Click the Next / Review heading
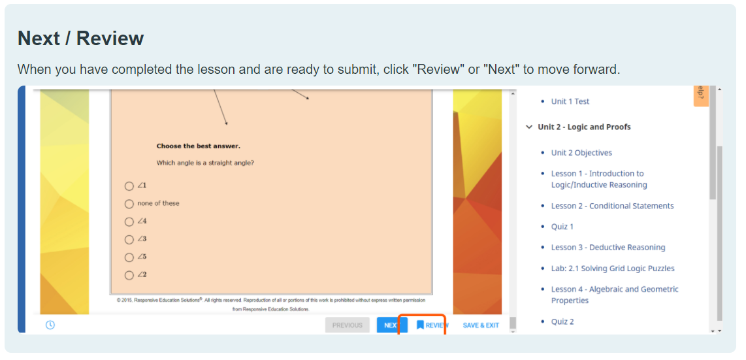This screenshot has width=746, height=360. (x=80, y=39)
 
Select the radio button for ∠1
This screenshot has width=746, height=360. (x=129, y=186)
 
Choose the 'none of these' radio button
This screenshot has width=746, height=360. (x=129, y=204)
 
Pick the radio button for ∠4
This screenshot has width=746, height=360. (x=129, y=221)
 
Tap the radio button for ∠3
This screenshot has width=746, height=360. (x=129, y=239)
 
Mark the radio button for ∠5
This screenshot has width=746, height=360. (x=129, y=257)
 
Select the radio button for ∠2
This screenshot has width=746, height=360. (x=129, y=275)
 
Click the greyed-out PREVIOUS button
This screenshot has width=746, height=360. (x=347, y=325)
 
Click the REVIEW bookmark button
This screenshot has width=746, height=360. (x=432, y=325)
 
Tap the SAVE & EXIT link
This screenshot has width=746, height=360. (x=481, y=325)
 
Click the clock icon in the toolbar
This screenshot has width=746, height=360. (x=50, y=325)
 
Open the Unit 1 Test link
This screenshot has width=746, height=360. (x=570, y=101)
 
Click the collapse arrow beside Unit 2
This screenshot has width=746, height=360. (x=529, y=127)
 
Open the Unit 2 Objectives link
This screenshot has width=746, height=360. (x=581, y=153)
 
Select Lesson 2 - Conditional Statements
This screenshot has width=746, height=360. (x=612, y=206)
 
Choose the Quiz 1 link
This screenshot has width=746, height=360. (x=562, y=227)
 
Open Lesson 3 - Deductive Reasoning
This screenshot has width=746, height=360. (x=608, y=248)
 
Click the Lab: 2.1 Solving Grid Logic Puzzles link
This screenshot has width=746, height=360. (x=612, y=269)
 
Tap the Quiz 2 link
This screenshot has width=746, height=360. (x=562, y=321)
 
